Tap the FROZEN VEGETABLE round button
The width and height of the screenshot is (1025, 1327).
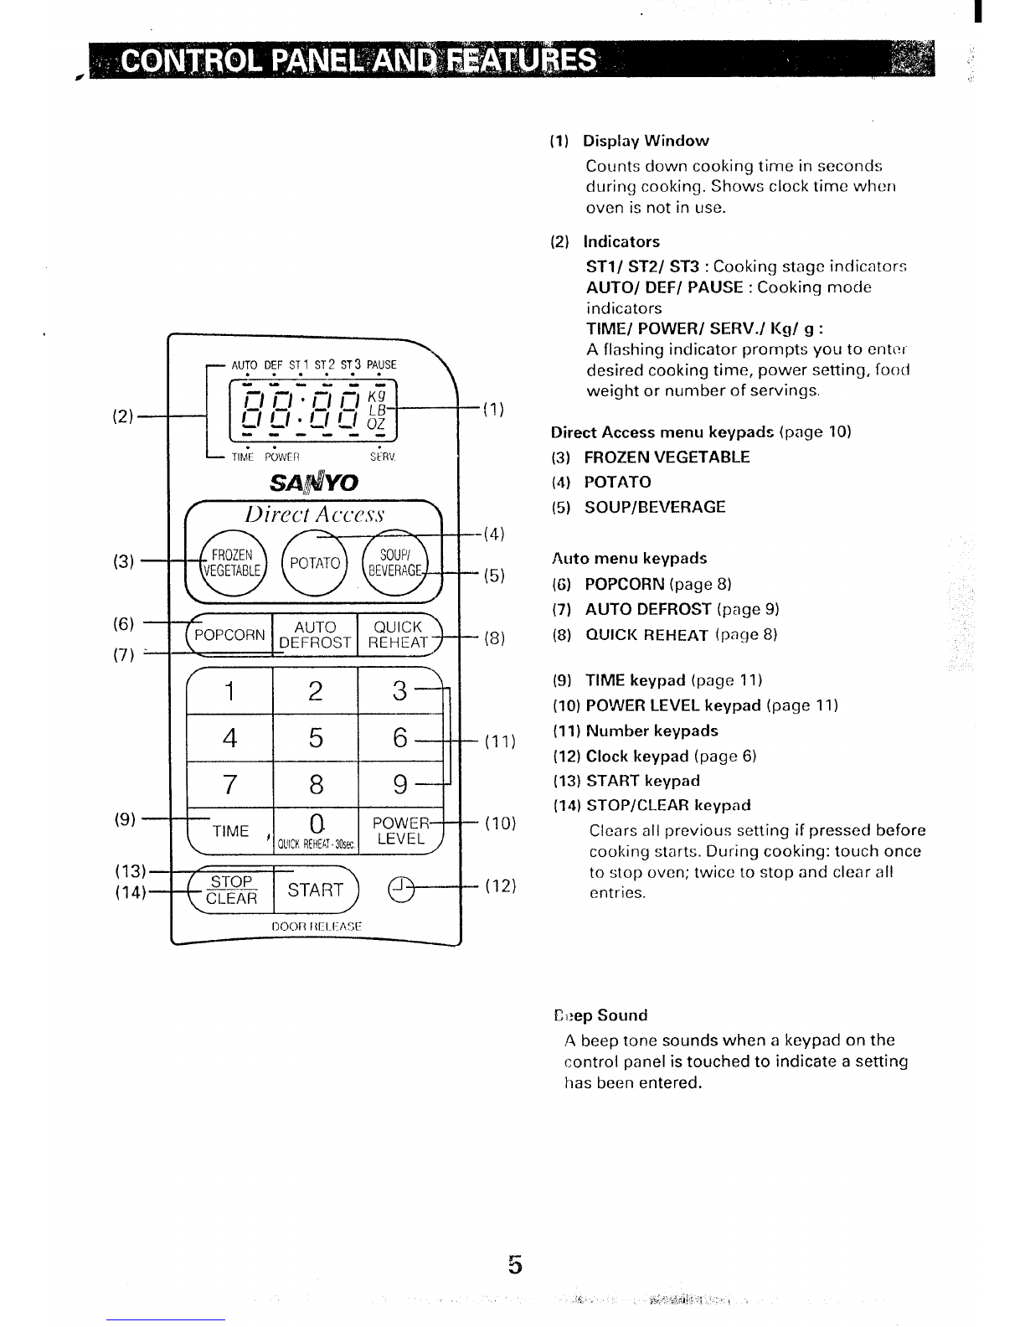[x=233, y=562]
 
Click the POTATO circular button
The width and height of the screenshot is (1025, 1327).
[x=314, y=562]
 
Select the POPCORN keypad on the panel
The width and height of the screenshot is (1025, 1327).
[x=229, y=634]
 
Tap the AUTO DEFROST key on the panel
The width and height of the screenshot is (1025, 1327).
[x=315, y=634]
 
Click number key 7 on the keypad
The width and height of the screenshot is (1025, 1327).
[x=229, y=784]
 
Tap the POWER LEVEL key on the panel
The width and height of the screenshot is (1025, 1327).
[x=400, y=830]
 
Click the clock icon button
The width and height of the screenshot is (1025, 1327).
[x=401, y=890]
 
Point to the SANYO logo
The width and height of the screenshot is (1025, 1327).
[x=314, y=483]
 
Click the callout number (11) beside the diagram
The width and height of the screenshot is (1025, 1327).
[x=500, y=741]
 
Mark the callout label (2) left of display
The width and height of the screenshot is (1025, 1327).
[x=123, y=416]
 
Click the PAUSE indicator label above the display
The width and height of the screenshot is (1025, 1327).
[x=382, y=364]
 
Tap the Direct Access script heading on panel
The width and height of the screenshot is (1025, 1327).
[x=314, y=514]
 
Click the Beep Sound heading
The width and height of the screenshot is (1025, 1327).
[x=600, y=1015]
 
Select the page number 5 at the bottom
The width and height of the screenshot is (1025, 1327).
[x=515, y=1264]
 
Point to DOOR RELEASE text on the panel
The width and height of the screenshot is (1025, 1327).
[x=317, y=927]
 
